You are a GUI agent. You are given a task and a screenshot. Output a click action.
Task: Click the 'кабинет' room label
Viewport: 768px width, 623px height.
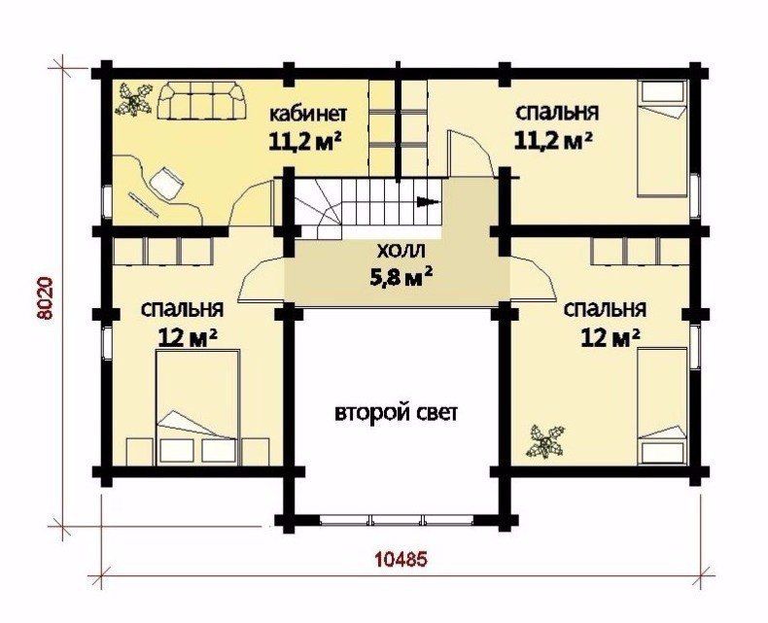(x=308, y=114)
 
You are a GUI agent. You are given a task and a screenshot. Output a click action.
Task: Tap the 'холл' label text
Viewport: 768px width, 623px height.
(x=401, y=252)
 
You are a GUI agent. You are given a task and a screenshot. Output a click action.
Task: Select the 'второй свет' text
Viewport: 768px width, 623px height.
(x=397, y=413)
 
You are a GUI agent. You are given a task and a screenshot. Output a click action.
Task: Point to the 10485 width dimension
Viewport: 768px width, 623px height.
(x=401, y=558)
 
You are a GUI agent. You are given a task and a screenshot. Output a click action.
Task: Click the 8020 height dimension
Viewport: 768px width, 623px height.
(x=45, y=298)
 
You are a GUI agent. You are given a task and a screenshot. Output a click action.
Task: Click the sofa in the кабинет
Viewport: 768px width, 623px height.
(x=202, y=101)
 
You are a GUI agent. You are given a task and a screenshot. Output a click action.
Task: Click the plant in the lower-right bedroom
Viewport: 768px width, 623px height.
(x=545, y=442)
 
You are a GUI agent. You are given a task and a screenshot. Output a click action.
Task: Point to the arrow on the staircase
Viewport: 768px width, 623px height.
(x=427, y=201)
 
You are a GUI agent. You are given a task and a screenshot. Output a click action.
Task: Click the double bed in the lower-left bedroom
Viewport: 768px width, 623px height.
(x=198, y=406)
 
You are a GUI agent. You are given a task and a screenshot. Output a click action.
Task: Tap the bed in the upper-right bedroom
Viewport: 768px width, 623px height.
(x=662, y=140)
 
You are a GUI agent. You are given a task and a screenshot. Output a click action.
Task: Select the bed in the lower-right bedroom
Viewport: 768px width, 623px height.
(x=662, y=405)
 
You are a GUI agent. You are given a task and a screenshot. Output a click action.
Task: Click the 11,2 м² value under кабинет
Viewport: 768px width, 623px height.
(x=305, y=142)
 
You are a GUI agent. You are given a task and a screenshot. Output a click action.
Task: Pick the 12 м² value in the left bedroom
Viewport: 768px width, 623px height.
(x=188, y=337)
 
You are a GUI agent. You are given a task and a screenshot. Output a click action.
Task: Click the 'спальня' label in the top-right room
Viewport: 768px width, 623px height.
(x=557, y=112)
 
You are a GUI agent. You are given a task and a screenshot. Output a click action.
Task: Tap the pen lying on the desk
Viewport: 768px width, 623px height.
(x=144, y=205)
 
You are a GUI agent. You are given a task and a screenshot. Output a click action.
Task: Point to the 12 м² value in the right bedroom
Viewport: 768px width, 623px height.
(x=611, y=337)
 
